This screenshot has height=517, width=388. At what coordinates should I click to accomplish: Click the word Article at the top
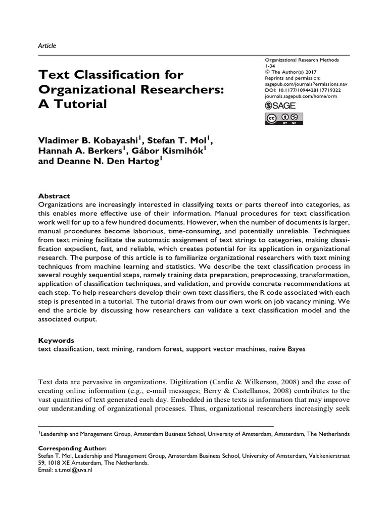(x=47, y=45)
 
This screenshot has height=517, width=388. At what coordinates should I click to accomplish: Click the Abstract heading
(x=54, y=196)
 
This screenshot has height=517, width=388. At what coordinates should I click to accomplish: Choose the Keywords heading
(x=56, y=340)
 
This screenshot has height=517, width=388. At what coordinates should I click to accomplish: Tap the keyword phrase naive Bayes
(x=288, y=349)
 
